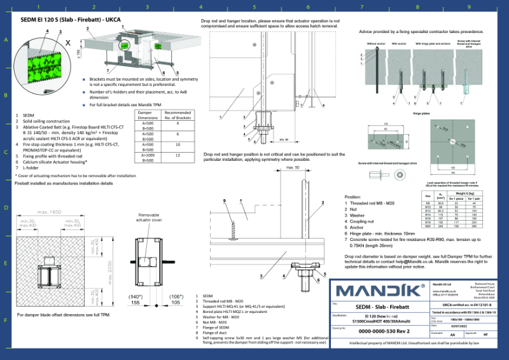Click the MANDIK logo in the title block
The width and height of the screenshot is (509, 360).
[x=379, y=291]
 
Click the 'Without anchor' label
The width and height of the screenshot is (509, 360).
[x=375, y=44]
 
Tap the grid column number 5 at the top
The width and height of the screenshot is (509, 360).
[x=254, y=7]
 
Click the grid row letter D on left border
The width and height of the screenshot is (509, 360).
[x=6, y=207]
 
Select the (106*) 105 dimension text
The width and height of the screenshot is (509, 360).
[x=174, y=300]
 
